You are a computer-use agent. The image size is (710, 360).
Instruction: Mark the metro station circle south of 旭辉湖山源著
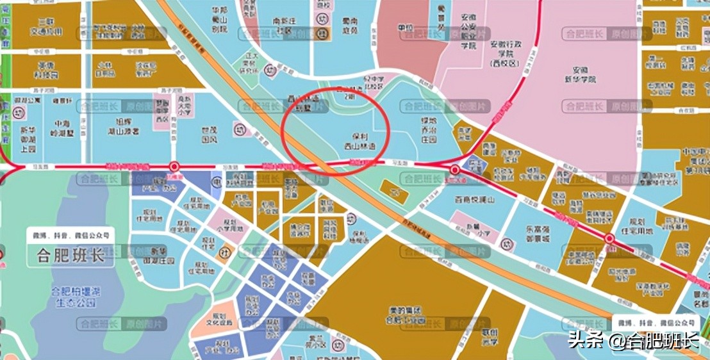tap(174, 165)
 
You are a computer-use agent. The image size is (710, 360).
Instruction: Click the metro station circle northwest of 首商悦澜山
tap(454, 170)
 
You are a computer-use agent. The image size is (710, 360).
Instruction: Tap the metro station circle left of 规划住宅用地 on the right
tap(609, 240)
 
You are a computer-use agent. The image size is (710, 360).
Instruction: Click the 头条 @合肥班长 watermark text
tap(632, 340)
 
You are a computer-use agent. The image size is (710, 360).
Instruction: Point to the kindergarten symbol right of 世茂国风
tap(239, 128)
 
